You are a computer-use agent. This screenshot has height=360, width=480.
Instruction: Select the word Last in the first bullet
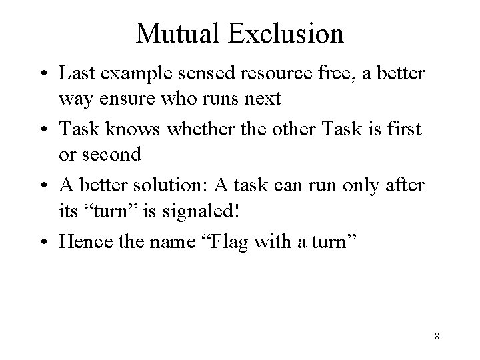tap(74, 73)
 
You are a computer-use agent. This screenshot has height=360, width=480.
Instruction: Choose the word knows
tap(121, 128)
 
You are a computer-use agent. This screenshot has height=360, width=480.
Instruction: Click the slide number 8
tap(436, 335)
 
